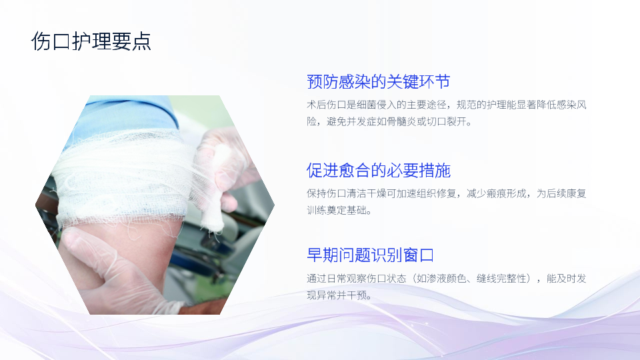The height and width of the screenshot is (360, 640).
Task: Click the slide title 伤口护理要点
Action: [x=91, y=41]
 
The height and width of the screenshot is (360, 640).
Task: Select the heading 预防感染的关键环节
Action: [x=379, y=81]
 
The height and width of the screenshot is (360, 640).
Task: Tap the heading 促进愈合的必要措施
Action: [x=379, y=170]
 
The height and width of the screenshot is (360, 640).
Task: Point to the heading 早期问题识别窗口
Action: [x=370, y=255]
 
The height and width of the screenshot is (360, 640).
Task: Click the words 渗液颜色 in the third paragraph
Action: [x=446, y=279]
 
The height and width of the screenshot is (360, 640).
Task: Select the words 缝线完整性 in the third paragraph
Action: [x=501, y=279]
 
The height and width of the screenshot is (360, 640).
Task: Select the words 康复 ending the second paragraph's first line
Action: [x=576, y=193]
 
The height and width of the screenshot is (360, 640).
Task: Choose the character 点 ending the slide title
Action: [x=141, y=41]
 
